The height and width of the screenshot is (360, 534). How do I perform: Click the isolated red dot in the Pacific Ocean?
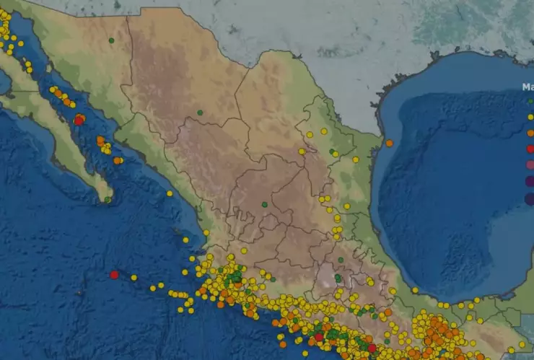pyautogui.click(x=114, y=274)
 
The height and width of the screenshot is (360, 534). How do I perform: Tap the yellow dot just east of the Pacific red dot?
pyautogui.click(x=134, y=277)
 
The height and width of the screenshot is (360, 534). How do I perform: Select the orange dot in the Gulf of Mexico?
pyautogui.click(x=390, y=143)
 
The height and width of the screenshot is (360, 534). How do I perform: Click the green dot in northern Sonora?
pyautogui.click(x=111, y=40)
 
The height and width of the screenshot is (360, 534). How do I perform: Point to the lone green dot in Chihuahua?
pyautogui.click(x=200, y=112)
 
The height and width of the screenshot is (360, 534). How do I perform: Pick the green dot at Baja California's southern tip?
pyautogui.click(x=108, y=199)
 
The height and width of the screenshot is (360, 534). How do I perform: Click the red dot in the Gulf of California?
pyautogui.click(x=79, y=120)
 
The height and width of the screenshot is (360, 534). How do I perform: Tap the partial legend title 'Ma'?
pyautogui.click(x=528, y=87)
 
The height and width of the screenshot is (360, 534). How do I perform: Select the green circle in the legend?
pyautogui.click(x=530, y=102)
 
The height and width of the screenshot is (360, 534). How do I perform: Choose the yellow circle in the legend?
pyautogui.click(x=530, y=117)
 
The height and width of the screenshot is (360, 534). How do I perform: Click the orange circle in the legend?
pyautogui.click(x=530, y=133)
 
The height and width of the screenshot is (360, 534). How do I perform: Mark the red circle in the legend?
pyautogui.click(x=530, y=149)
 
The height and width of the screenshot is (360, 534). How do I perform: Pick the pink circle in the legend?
pyautogui.click(x=530, y=164)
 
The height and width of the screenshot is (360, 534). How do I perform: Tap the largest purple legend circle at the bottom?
pyautogui.click(x=530, y=198)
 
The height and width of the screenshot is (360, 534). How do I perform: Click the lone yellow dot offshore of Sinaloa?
pyautogui.click(x=170, y=193)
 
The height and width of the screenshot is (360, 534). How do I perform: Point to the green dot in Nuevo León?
pyautogui.click(x=332, y=152)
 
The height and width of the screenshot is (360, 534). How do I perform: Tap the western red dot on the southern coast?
pyautogui.click(x=319, y=337)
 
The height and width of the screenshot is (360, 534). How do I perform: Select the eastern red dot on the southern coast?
pyautogui.click(x=372, y=348)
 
